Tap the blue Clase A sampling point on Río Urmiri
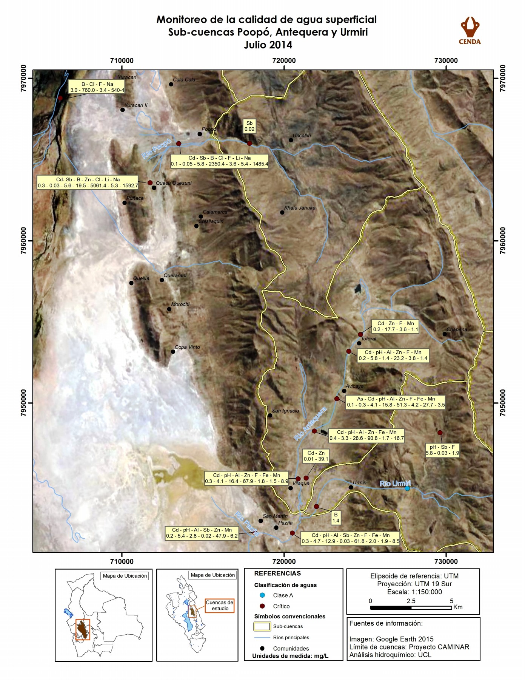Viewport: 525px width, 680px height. tap(407, 488)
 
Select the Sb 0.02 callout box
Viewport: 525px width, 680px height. tap(249, 126)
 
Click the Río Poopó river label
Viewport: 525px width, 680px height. tap(156, 149)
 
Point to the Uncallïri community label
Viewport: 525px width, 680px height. tap(302, 136)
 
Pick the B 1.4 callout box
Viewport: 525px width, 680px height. tap(336, 518)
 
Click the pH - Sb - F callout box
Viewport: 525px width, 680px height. tap(442, 450)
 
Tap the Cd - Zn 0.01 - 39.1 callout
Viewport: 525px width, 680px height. tap(316, 456)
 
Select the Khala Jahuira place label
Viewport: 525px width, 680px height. tap(300, 208)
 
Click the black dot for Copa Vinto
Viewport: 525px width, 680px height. tap(173, 352)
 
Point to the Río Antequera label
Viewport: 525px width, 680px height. tap(310, 424)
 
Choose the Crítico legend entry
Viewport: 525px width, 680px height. tap(281, 606)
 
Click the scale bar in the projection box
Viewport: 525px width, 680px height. tap(411, 608)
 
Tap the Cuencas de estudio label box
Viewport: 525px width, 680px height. tap(220, 606)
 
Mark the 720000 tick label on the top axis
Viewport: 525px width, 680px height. tap(283, 61)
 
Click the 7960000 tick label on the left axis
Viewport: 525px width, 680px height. tap(24, 241)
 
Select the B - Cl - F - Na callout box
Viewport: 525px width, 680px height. tap(97, 87)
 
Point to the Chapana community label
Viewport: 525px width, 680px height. tap(457, 329)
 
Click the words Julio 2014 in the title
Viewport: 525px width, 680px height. tap(268, 45)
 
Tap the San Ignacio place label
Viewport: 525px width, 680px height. tap(285, 411)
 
